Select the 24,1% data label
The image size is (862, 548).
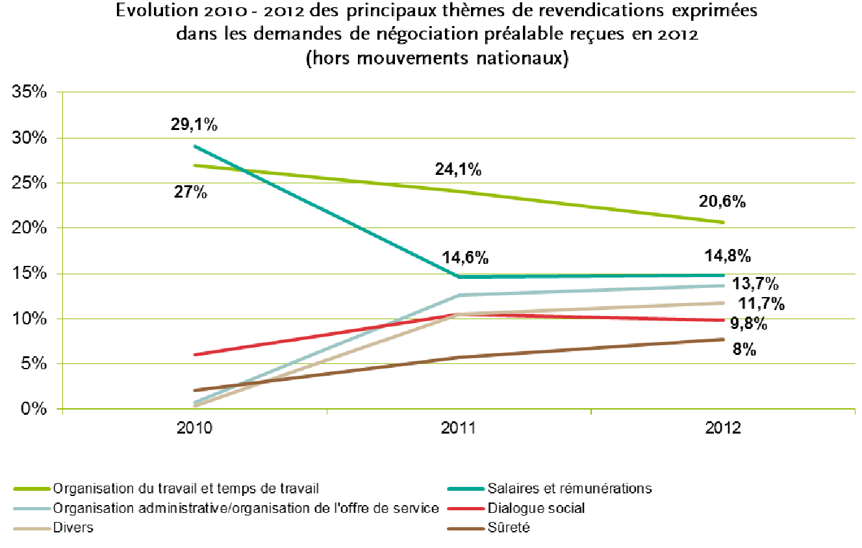pyautogui.click(x=458, y=170)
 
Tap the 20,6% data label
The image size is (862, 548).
pyautogui.click(x=722, y=202)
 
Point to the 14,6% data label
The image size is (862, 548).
pyautogui.click(x=464, y=258)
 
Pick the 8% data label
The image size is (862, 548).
pyautogui.click(x=744, y=350)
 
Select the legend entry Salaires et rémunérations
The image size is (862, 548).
pyautogui.click(x=568, y=488)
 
